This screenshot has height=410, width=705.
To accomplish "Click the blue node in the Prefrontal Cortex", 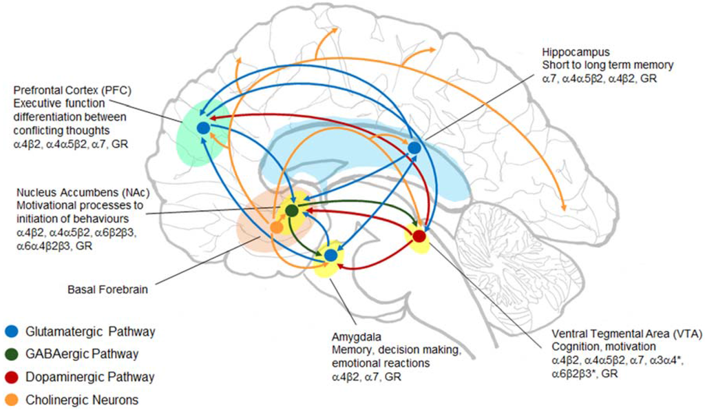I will (202, 127).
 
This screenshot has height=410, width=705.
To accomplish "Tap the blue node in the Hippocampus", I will (414, 148).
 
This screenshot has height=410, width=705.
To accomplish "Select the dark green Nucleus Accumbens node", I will (291, 210).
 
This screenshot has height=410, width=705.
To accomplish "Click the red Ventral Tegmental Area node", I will (419, 236).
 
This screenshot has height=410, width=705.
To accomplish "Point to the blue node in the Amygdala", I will (331, 255).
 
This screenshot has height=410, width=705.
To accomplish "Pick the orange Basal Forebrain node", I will (276, 227).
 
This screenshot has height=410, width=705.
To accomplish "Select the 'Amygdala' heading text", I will (352, 337).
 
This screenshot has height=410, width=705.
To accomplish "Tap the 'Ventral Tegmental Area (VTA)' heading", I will (626, 334).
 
